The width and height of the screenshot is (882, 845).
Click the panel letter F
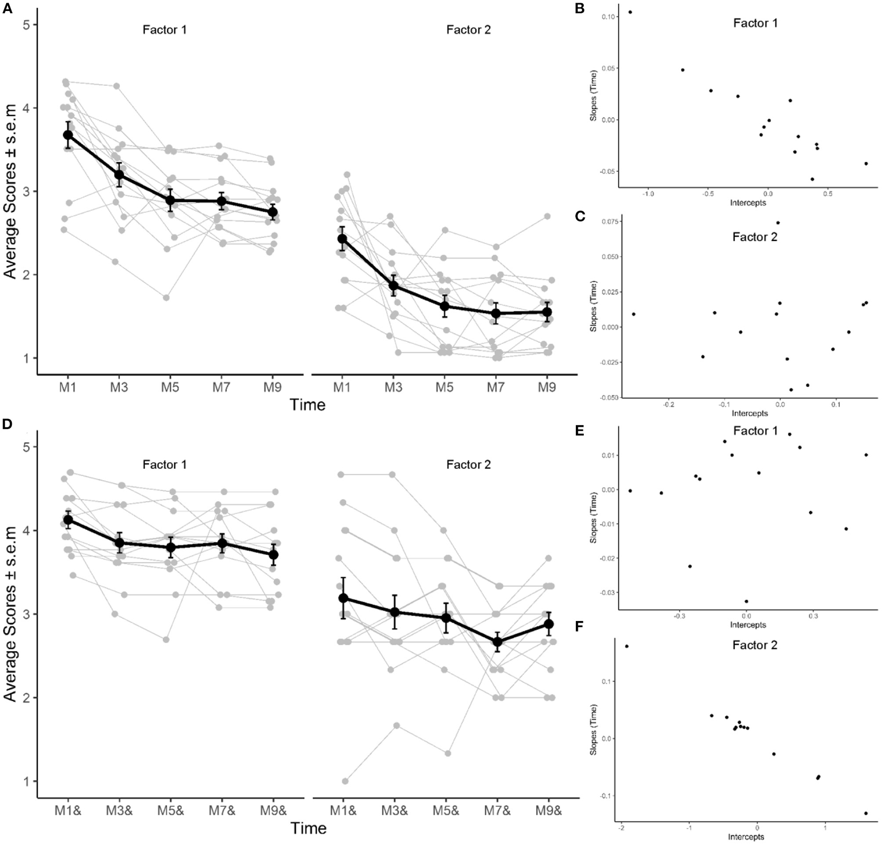579,627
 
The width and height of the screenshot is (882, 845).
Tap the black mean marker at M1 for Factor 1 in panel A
68,135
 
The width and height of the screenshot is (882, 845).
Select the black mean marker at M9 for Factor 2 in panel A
547,312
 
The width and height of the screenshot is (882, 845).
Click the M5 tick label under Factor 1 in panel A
170,387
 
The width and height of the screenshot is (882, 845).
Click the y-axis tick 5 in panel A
26,24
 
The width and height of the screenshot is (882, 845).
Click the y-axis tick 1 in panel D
26,781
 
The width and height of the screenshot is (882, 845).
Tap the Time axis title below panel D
308,828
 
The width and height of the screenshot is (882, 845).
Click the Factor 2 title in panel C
755,237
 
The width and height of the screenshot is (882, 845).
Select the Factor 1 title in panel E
755,431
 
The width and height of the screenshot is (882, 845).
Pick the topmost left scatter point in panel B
630,12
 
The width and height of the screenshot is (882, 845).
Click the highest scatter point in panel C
777,222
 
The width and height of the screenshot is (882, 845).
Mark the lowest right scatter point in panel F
866,813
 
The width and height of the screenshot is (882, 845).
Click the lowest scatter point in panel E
746,601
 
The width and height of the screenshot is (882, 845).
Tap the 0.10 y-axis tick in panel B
608,17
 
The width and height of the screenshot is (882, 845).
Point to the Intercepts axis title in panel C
750,414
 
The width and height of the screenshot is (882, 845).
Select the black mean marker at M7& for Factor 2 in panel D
497,642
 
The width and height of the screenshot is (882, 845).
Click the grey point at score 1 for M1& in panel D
345,781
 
